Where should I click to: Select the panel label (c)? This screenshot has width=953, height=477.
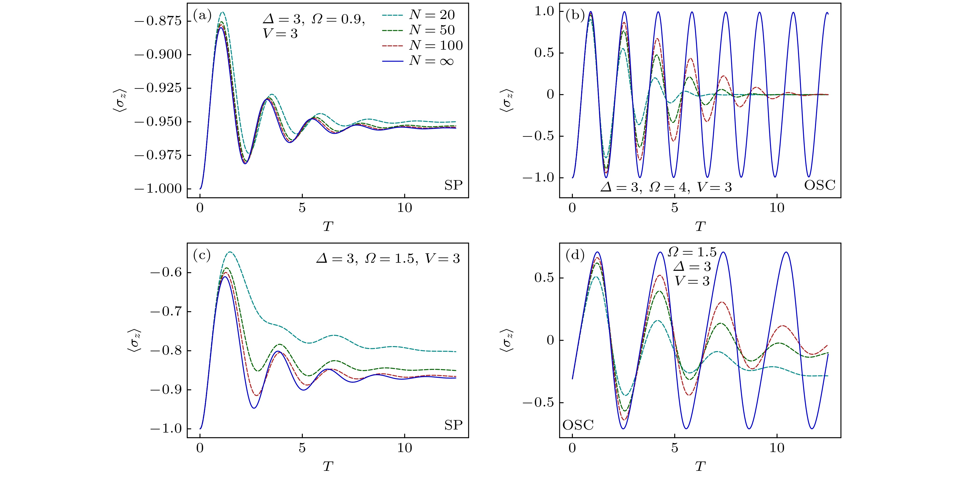tap(202, 256)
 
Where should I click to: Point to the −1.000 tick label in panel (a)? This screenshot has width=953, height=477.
tap(158, 189)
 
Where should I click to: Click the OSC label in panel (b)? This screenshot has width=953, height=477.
tap(819, 185)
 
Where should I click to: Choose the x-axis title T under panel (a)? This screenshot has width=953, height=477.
tap(328, 226)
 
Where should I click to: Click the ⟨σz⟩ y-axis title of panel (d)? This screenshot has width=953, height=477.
tap(508, 340)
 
